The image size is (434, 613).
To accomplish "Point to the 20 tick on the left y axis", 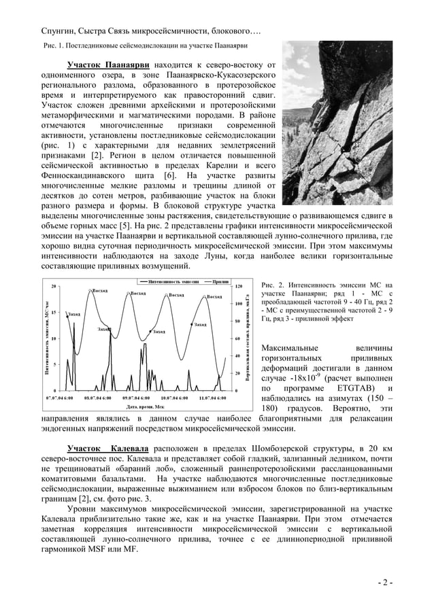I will click(54, 286).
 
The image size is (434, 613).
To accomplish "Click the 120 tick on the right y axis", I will click(239, 286).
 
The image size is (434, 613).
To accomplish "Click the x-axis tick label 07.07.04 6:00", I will click(59, 396).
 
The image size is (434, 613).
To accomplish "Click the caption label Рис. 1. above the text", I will click(49, 46).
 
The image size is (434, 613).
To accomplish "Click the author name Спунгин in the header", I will click(54, 31).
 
